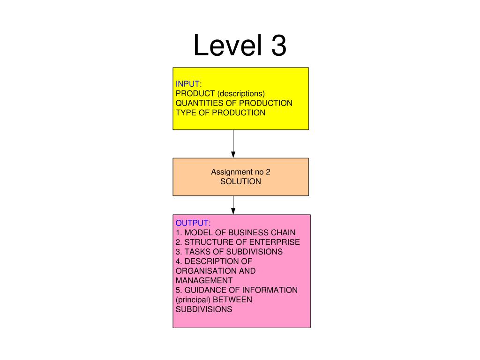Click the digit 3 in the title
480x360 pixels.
pyautogui.click(x=278, y=45)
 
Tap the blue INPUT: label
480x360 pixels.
pyautogui.click(x=188, y=83)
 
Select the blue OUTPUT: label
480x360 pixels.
pyautogui.click(x=193, y=223)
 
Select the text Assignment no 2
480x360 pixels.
pyautogui.click(x=240, y=172)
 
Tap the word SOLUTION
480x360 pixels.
pyautogui.click(x=240, y=181)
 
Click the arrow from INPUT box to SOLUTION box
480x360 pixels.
pyautogui.click(x=233, y=144)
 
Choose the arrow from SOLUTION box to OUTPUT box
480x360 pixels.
pyautogui.click(x=233, y=205)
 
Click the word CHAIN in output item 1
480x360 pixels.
pyautogui.click(x=283, y=232)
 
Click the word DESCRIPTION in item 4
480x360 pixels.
pyautogui.click(x=210, y=261)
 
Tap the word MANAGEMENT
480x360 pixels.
pyautogui.click(x=204, y=280)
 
